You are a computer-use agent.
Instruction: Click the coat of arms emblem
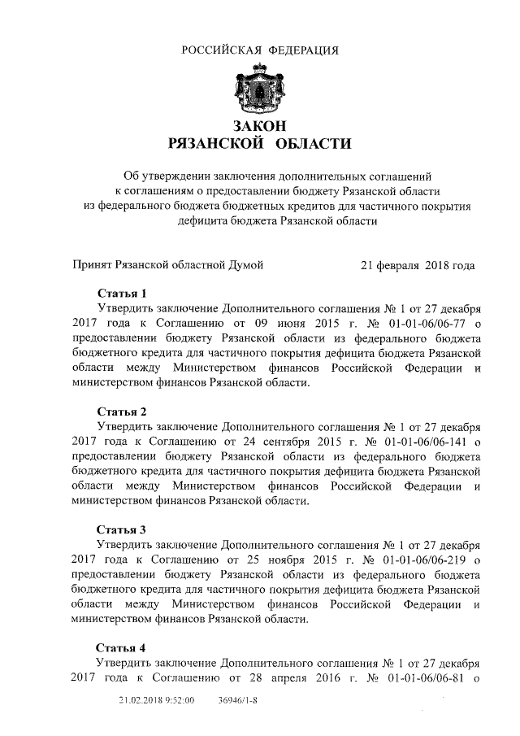coord(259,90)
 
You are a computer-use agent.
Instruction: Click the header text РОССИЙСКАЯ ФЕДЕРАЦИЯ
coord(260,50)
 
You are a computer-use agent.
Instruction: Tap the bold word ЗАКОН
coord(260,126)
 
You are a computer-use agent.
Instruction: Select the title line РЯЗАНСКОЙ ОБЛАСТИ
coord(260,145)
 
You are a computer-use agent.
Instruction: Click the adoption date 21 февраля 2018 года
coord(418,266)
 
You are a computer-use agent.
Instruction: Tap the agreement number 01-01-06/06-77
coord(414,323)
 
